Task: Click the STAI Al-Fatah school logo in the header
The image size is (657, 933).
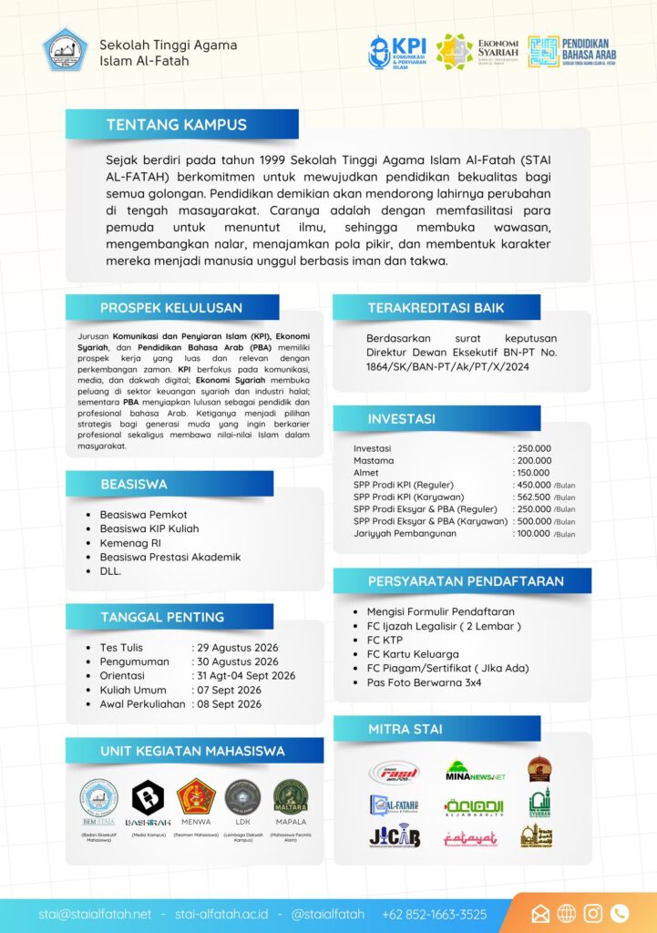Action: [65, 50]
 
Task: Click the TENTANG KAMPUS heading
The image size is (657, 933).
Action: [177, 125]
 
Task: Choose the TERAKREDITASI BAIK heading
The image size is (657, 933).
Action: [436, 308]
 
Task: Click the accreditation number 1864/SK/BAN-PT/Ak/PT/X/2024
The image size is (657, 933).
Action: [447, 367]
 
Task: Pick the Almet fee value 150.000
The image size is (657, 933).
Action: [534, 473]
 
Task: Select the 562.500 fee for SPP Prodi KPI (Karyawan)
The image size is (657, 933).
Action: [533, 497]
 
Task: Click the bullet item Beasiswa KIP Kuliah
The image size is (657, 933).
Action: [149, 528]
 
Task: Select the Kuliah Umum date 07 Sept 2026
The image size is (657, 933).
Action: [229, 690]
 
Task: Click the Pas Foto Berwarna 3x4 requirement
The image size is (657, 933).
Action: [424, 682]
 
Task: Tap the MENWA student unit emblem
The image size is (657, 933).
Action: [196, 797]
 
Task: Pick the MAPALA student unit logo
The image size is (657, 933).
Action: [291, 797]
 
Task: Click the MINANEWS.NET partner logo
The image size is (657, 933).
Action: [475, 772]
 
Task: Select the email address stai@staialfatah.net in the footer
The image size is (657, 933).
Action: [95, 914]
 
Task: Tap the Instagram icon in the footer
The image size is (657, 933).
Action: [593, 913]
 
